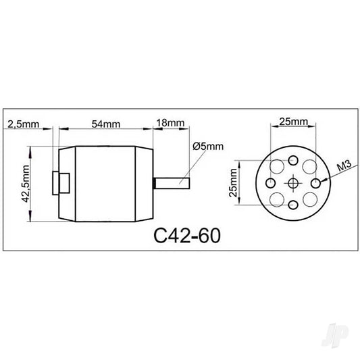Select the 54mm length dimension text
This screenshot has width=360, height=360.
(105, 123)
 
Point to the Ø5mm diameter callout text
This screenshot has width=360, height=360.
(207, 146)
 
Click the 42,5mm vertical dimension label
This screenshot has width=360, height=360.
(26, 184)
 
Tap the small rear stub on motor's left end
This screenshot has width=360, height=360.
(63, 183)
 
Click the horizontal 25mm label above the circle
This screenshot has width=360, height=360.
(293, 122)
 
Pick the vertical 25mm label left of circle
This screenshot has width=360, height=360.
(234, 183)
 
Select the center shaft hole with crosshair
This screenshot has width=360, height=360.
(293, 183)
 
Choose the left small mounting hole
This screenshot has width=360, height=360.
(269, 183)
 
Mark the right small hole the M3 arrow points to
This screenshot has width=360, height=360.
(317, 183)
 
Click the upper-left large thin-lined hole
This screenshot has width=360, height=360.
(277, 167)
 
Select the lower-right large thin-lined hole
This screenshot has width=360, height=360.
(309, 199)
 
